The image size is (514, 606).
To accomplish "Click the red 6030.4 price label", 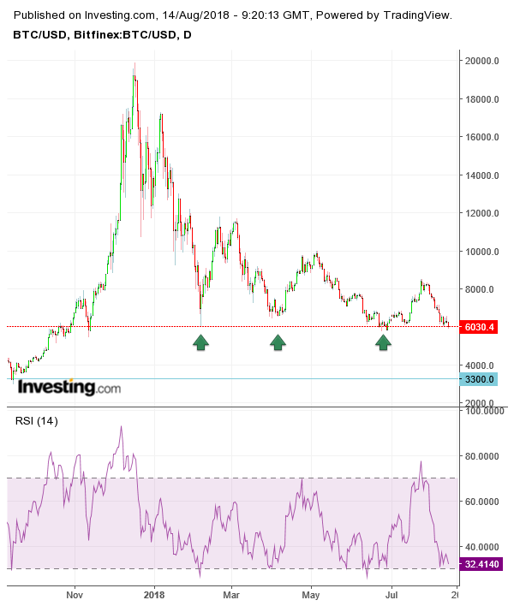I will click(x=480, y=327).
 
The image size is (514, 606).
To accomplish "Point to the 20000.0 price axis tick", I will click(x=481, y=61).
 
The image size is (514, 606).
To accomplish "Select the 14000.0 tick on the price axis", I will click(x=481, y=175).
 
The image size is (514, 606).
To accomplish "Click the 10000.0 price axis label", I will click(x=481, y=252).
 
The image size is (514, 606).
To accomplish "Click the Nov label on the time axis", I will click(x=75, y=593).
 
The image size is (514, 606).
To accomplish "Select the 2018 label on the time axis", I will click(x=154, y=593).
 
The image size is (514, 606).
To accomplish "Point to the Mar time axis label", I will click(x=231, y=593).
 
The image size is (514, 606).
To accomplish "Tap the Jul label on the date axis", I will click(x=391, y=593).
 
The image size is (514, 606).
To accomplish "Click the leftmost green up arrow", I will click(x=200, y=342).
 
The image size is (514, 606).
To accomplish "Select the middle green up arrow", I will click(x=278, y=342).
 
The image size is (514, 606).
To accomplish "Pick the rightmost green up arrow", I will click(x=384, y=342).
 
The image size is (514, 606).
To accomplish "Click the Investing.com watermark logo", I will click(x=69, y=388).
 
